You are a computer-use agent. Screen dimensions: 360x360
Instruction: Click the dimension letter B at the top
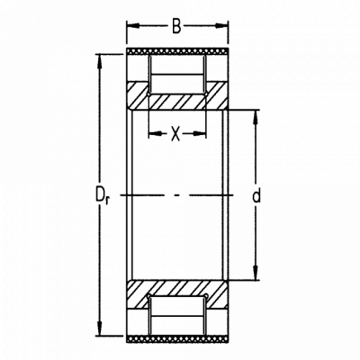[176, 26]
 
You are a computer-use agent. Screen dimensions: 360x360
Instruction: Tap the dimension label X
[175, 134]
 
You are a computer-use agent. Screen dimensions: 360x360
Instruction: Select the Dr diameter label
[103, 195]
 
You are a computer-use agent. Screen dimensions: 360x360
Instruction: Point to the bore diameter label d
[256, 195]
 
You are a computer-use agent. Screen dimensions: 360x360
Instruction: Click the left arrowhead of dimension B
[133, 26]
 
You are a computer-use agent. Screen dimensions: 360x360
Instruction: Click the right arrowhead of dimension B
[221, 26]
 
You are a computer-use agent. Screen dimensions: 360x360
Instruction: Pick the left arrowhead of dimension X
[156, 133]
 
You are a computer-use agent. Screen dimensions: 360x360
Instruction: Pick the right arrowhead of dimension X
[199, 133]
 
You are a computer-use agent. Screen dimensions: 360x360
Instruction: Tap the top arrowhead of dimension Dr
[99, 61]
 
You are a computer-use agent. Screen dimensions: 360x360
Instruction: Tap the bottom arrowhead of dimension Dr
[99, 328]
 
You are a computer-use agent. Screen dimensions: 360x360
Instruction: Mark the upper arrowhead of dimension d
[256, 117]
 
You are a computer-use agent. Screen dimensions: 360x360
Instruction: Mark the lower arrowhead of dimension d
[256, 274]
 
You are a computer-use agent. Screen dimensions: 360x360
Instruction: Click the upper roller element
[177, 74]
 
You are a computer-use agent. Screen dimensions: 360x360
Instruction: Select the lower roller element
[177, 316]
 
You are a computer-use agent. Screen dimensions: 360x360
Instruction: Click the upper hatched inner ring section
[177, 95]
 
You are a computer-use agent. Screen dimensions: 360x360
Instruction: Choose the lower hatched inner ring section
[177, 294]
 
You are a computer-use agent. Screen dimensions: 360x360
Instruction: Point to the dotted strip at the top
[177, 51]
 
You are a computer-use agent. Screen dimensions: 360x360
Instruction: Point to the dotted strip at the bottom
[177, 338]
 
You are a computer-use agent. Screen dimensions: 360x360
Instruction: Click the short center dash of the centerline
[177, 195]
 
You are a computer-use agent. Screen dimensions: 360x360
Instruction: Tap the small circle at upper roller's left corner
[149, 94]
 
